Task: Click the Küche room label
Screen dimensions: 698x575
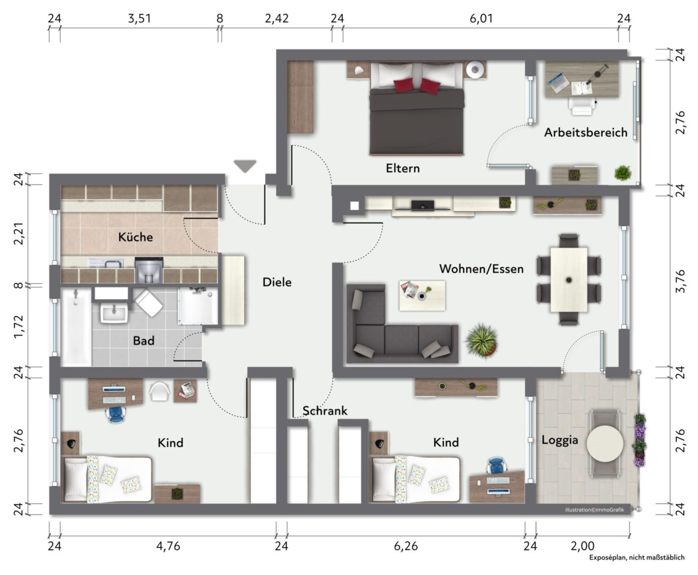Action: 135,237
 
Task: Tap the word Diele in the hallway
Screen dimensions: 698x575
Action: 277,282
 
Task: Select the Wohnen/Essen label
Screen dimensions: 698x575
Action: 481,269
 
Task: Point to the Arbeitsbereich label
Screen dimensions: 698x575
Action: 586,133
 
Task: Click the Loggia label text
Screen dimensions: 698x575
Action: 560,440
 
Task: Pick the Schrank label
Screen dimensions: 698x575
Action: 325,410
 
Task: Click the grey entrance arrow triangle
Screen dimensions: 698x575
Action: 245,166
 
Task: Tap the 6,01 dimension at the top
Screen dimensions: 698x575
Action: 481,19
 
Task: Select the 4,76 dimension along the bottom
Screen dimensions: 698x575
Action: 168,546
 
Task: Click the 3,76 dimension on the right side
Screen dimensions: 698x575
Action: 680,281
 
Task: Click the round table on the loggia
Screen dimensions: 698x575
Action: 605,443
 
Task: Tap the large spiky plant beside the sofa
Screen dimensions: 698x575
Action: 481,340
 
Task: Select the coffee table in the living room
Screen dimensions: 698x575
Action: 422,295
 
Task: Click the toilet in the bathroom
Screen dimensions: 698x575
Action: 148,303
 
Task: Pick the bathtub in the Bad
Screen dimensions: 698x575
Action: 76,327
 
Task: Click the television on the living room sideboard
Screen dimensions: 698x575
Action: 422,206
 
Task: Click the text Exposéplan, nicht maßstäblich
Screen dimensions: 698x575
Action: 636,557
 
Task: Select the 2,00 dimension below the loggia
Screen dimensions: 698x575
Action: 582,546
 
